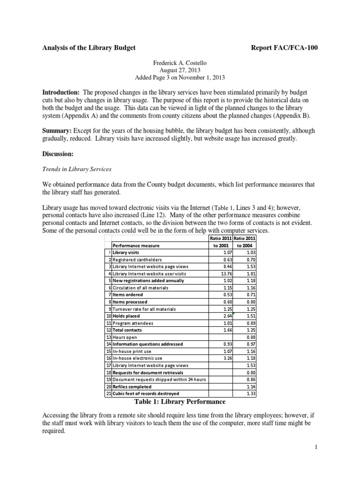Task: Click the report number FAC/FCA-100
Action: [x=287, y=47]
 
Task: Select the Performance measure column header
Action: [x=136, y=245]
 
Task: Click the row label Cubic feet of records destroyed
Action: [x=146, y=394]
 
